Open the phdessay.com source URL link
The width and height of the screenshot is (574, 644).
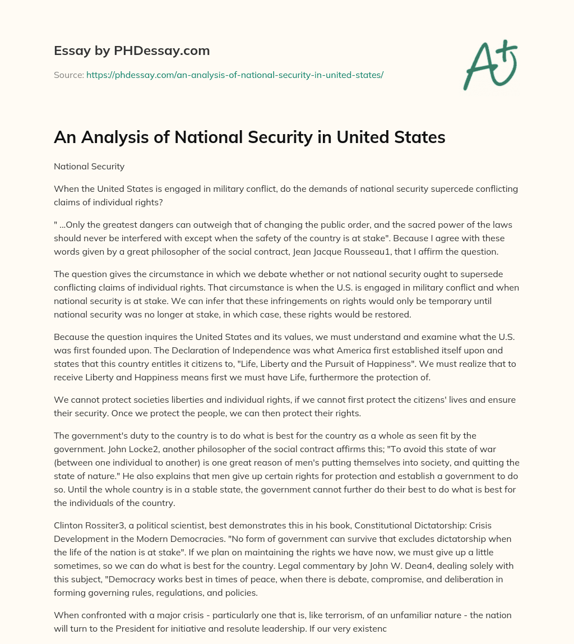tap(235, 75)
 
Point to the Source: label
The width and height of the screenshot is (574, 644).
tap(68, 75)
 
